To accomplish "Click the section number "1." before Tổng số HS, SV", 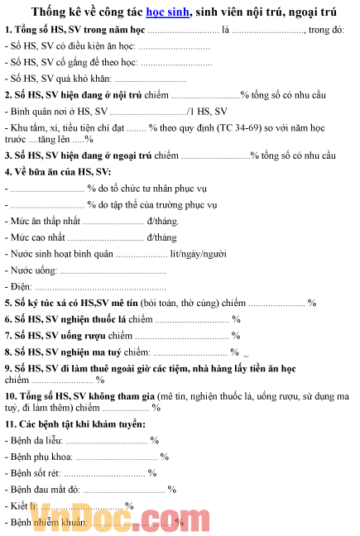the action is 8,30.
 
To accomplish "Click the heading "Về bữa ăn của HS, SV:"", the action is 63,171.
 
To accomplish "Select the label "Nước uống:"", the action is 33,270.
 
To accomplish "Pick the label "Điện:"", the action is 22,286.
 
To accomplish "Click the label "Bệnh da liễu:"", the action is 36,441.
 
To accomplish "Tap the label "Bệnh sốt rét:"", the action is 35,473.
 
